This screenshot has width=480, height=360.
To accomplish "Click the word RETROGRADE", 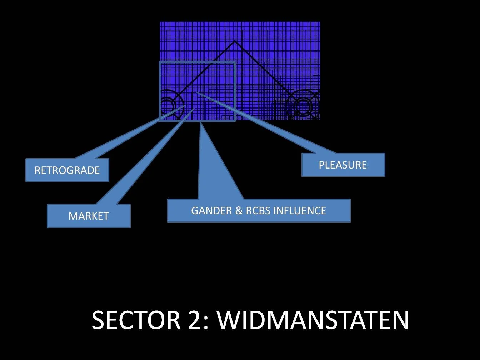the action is [x=67, y=170].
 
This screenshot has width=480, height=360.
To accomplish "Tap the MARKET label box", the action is [x=89, y=216].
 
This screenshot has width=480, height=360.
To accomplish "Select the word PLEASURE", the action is [x=343, y=165].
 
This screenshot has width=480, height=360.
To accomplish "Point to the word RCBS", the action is [x=258, y=211].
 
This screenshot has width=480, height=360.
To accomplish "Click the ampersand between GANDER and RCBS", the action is [x=239, y=211].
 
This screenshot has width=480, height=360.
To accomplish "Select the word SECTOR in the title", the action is [x=136, y=320].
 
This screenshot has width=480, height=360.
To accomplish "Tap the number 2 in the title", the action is [x=195, y=320].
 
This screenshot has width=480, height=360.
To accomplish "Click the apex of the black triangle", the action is [x=235, y=41].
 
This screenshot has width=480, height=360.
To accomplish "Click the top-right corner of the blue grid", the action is [x=319, y=22].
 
